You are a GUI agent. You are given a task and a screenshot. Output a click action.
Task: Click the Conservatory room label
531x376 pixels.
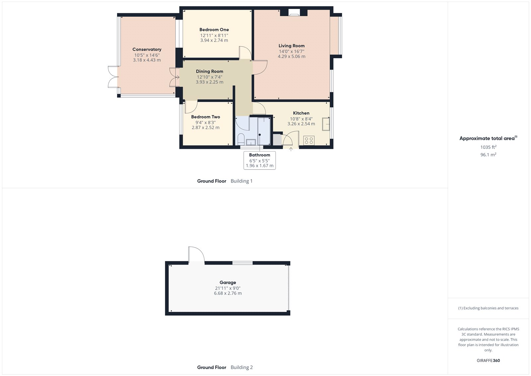[x=147, y=50]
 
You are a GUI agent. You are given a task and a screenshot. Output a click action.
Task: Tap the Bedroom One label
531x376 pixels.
[x=214, y=30]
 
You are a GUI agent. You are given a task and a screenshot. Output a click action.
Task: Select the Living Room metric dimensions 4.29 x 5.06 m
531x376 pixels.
[x=291, y=57]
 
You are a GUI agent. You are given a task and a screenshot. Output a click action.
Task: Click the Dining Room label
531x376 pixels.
[x=209, y=71]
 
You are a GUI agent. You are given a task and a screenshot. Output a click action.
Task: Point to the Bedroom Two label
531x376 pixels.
[x=205, y=117]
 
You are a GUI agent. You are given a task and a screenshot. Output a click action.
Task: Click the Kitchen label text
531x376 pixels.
[x=301, y=113]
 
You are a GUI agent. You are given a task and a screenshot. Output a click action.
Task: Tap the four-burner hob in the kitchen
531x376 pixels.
[x=309, y=140]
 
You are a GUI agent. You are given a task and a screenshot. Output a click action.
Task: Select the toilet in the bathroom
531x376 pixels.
[x=241, y=138]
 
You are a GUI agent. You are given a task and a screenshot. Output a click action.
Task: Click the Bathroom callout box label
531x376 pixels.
[x=260, y=155]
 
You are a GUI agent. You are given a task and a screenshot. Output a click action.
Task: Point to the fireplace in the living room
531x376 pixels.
[x=294, y=13]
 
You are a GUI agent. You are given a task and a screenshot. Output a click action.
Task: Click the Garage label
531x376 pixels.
[x=228, y=283]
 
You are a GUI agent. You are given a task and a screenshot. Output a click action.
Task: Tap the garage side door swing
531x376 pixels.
[x=196, y=254]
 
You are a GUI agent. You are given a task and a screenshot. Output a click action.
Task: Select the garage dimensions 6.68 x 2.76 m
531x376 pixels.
[x=228, y=293]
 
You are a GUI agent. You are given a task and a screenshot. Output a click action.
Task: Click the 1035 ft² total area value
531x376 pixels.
[x=488, y=147]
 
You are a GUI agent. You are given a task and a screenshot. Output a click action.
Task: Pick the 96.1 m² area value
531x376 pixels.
[x=488, y=155]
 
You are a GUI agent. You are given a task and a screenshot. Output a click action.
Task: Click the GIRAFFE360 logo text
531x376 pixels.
[x=488, y=360]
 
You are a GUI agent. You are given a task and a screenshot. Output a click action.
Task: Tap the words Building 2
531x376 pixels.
[x=242, y=367]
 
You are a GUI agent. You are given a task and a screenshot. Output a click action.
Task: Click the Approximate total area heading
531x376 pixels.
[x=487, y=138]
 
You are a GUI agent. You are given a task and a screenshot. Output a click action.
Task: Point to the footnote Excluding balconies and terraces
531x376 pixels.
[x=488, y=308]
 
